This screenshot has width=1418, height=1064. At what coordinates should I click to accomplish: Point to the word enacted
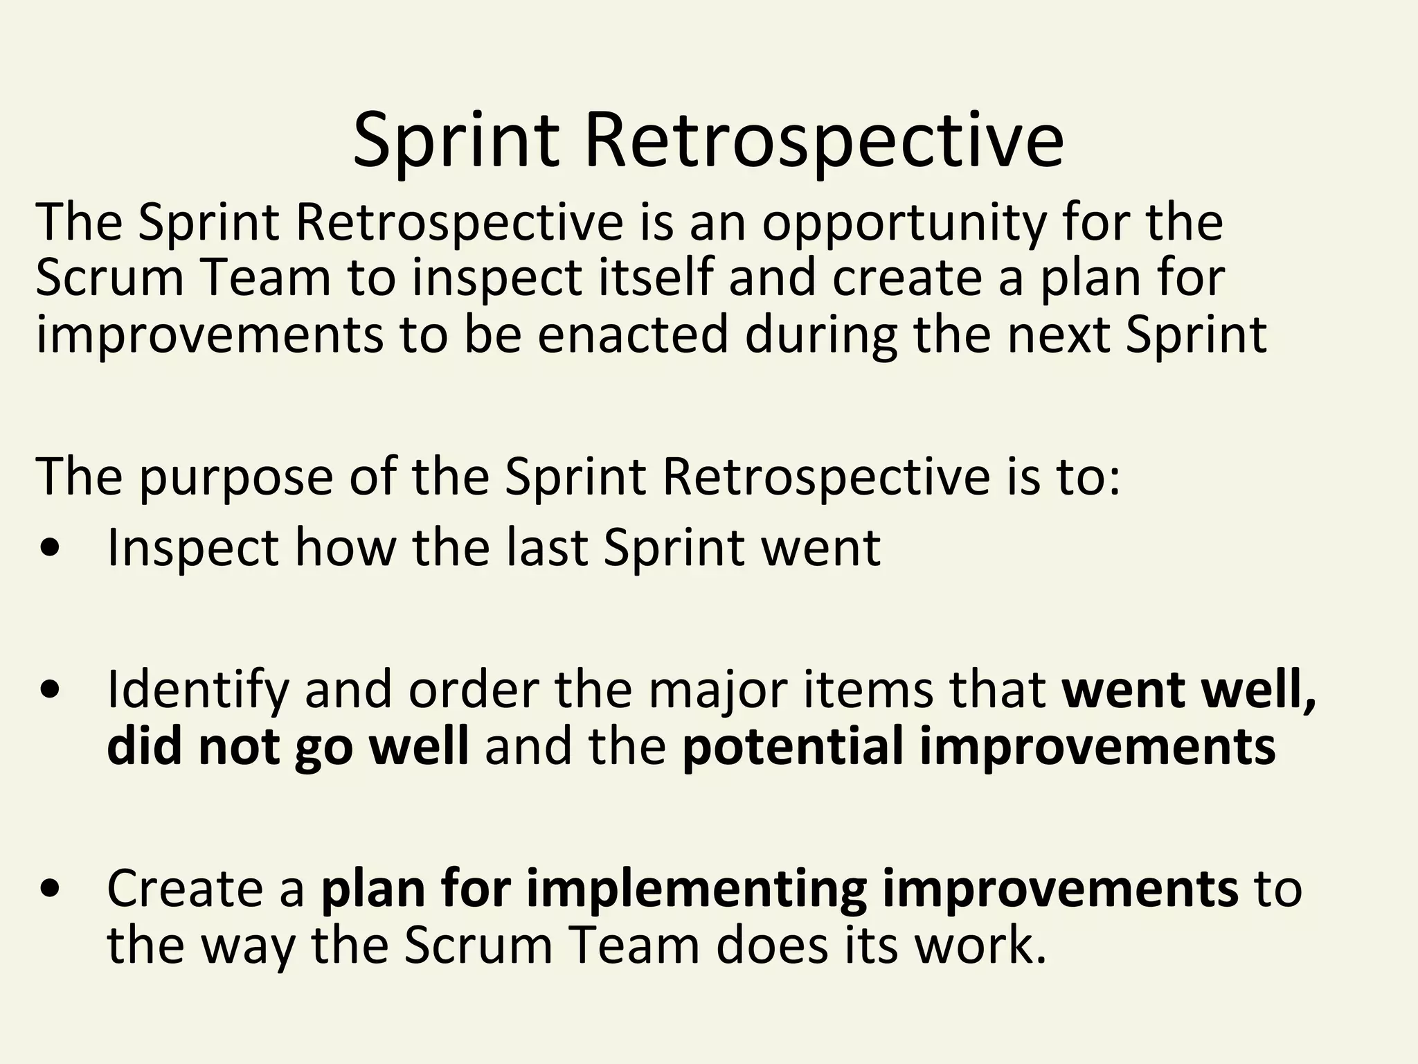tap(633, 334)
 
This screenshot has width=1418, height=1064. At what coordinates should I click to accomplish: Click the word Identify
tap(197, 691)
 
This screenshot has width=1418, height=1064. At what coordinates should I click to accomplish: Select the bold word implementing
tap(696, 889)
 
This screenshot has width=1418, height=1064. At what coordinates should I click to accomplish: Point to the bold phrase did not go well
tap(288, 747)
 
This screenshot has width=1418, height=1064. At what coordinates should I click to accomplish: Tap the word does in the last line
tap(771, 946)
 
